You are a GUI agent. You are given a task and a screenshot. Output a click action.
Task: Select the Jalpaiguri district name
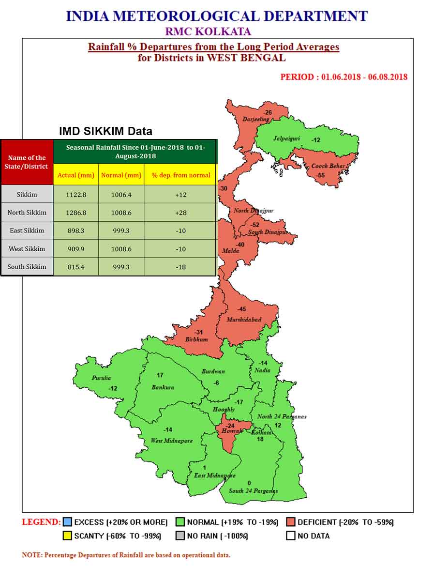286,138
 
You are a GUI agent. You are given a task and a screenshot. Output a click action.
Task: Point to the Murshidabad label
244,320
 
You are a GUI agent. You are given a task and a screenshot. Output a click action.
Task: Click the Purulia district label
101,378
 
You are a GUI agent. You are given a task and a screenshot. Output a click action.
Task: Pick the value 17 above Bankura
160,375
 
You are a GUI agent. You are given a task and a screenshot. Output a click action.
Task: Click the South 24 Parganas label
253,491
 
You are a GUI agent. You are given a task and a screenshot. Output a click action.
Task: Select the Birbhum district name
196,339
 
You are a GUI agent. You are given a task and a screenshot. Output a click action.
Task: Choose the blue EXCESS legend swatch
67,522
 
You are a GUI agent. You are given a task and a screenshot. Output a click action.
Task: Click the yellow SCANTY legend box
67,536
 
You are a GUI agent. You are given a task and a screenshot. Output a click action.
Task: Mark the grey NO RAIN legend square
180,536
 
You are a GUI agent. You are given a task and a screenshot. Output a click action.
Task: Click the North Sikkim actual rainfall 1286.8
75,213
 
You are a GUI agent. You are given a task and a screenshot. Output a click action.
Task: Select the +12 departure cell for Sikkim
180,195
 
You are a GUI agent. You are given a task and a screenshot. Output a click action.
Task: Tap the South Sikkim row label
27,267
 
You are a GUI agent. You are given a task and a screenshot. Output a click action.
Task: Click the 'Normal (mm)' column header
121,175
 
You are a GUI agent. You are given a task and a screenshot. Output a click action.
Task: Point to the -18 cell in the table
180,267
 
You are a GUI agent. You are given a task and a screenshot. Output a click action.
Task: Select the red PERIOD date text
343,77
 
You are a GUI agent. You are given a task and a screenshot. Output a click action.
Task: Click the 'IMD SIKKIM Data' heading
105,131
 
